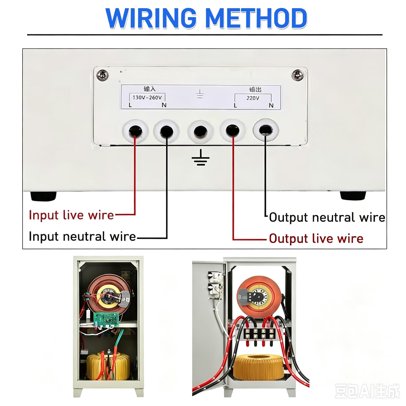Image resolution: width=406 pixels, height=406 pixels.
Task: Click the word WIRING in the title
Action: click(151, 18)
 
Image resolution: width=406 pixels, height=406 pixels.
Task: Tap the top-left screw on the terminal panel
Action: click(103, 75)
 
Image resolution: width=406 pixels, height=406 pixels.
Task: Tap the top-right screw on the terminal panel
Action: click(298, 75)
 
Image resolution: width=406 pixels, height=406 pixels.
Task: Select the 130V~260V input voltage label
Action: click(147, 97)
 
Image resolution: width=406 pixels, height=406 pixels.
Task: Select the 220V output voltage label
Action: click(253, 98)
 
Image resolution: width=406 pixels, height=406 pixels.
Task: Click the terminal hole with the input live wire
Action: click(136, 131)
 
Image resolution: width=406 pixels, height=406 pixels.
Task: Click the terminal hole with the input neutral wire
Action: click(167, 131)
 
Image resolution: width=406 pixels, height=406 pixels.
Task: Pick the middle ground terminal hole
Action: click(200, 131)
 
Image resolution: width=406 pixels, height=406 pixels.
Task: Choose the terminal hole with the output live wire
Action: click(233, 130)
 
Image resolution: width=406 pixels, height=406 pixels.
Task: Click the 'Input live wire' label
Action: click(71, 215)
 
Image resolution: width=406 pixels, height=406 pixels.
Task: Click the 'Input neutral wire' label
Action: click(82, 236)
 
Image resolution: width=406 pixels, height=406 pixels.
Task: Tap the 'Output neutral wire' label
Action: click(327, 217)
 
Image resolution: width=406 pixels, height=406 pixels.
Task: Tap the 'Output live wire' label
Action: click(316, 239)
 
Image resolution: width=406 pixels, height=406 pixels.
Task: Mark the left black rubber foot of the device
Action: click(44, 196)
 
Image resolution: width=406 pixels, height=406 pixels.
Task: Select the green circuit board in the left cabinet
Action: click(106, 320)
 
